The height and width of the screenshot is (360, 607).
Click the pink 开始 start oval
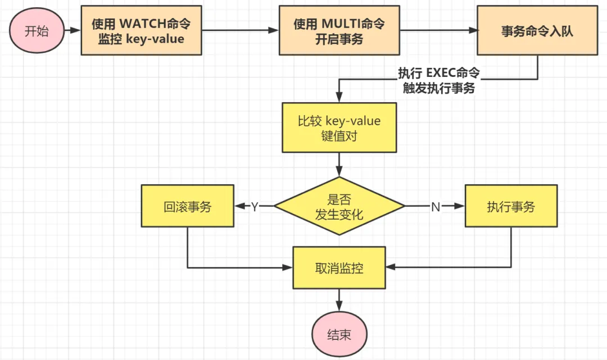[x=37, y=31]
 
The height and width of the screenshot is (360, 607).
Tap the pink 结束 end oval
[x=339, y=335]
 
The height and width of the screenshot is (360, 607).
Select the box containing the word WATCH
[x=141, y=31]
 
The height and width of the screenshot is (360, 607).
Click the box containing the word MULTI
[x=339, y=31]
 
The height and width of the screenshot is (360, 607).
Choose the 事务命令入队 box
[x=537, y=31]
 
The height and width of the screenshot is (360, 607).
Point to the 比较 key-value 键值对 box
[x=339, y=127]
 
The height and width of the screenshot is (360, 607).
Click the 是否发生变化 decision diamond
[x=339, y=207]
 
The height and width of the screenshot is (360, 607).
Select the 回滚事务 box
[x=187, y=207]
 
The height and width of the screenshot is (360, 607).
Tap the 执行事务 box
[x=511, y=207]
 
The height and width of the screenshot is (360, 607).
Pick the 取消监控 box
[x=339, y=268]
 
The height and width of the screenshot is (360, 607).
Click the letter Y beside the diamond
[x=255, y=207]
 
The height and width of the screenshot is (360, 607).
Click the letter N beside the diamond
[x=435, y=207]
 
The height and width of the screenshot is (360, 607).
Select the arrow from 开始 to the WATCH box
[x=72, y=31]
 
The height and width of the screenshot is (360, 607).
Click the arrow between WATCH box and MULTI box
[x=240, y=31]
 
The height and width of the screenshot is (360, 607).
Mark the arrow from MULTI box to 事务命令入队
[x=438, y=31]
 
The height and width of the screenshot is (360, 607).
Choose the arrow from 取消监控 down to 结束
[x=339, y=300]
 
